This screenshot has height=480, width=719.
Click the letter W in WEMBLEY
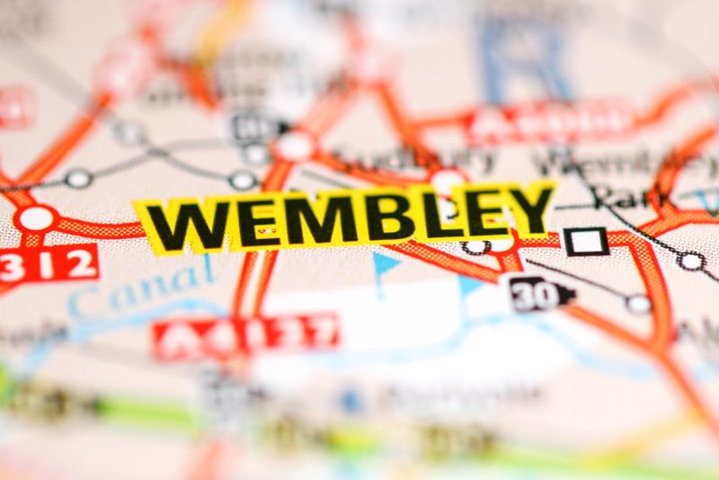pyautogui.click(x=185, y=226)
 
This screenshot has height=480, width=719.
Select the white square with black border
pyautogui.click(x=586, y=241)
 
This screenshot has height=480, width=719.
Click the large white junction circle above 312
pyautogui.click(x=36, y=218)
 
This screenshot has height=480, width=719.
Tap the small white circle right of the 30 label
pyautogui.click(x=638, y=304)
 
